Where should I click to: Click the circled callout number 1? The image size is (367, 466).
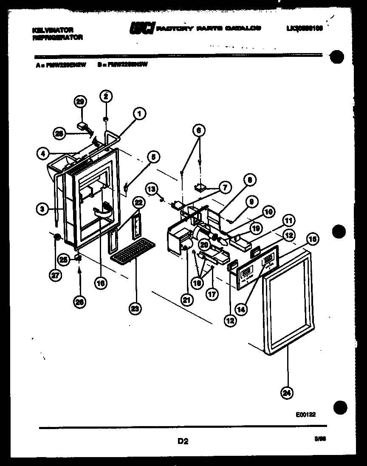(139, 113)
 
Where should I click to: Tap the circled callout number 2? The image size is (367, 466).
(106, 96)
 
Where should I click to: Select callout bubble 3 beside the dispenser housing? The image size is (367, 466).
(41, 208)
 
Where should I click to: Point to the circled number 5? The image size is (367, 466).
(154, 157)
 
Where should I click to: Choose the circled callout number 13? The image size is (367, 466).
(152, 187)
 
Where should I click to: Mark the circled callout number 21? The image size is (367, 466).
(186, 300)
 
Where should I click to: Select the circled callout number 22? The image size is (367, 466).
(137, 202)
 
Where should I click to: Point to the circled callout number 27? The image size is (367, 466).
(55, 275)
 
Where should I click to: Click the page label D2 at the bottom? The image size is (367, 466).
(183, 441)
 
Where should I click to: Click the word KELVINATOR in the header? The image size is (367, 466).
(53, 30)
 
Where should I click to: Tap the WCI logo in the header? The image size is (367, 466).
(142, 28)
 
